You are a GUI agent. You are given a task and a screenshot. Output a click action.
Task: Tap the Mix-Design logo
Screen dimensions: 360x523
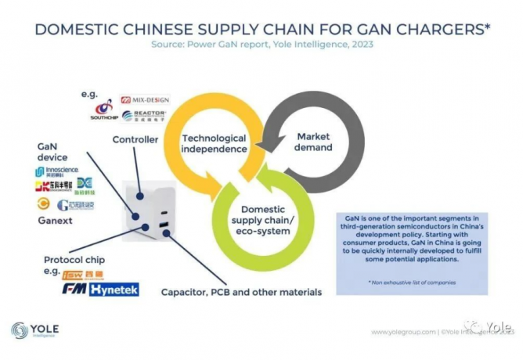145,101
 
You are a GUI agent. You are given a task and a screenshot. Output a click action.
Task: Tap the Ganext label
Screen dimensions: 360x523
54,221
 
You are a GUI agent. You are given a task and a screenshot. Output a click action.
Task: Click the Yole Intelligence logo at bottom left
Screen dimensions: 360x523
35,330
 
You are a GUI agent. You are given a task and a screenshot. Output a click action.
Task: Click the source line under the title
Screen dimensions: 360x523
262,45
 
